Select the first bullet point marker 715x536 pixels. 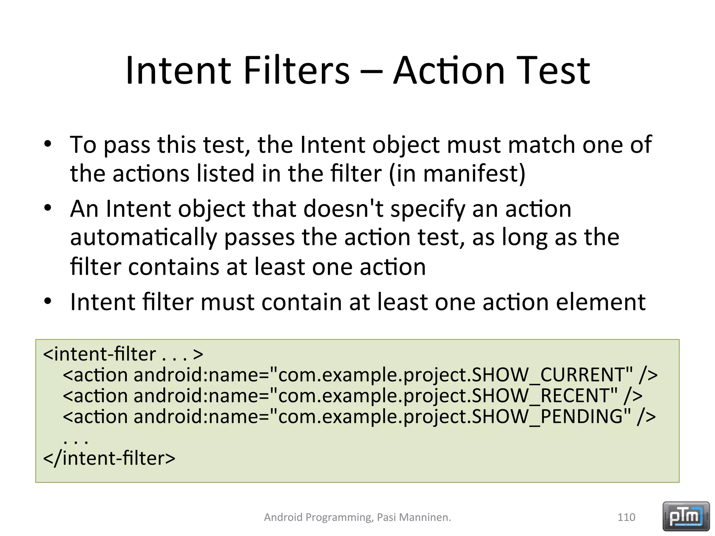48,144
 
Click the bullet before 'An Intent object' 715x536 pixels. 48,208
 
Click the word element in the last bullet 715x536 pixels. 600,302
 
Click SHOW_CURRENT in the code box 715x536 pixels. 552,375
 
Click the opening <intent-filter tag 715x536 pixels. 99,354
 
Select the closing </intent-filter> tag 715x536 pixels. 109,459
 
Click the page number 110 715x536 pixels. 626,517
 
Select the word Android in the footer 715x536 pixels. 283,517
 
